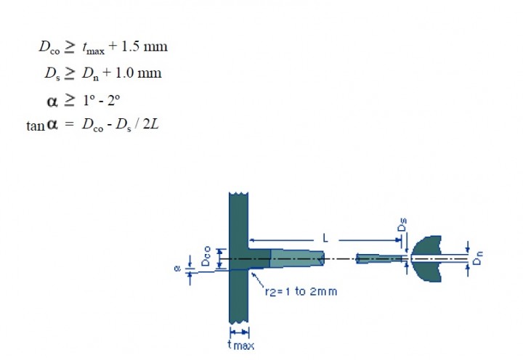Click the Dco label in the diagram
click(206, 256)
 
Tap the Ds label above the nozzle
click(402, 225)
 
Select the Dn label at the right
click(478, 258)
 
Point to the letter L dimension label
click(326, 238)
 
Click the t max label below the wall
click(241, 345)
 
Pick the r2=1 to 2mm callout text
click(301, 292)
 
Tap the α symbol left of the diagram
click(177, 269)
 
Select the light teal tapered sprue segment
click(296, 258)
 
